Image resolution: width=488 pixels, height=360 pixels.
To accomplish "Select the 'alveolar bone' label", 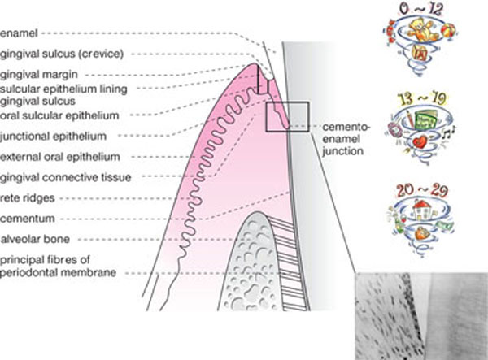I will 32,239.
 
